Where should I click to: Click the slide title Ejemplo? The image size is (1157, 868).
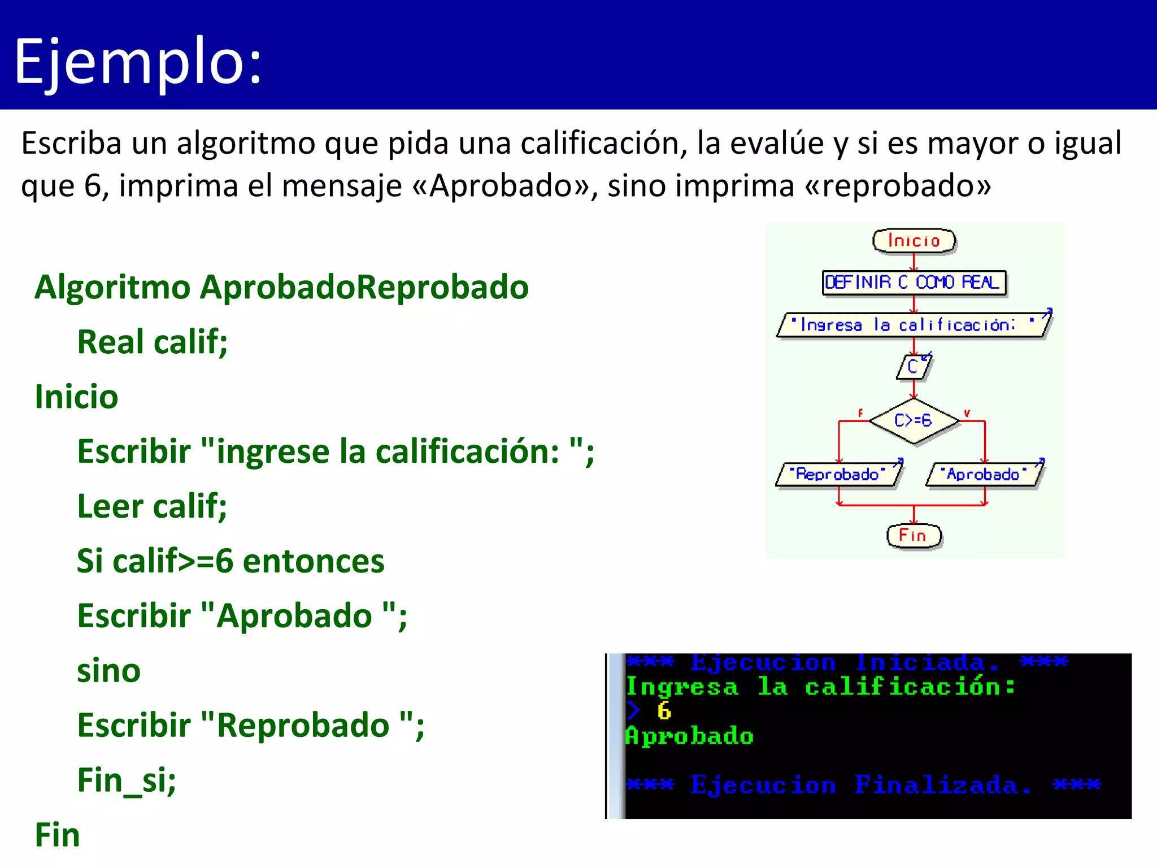[x=138, y=61]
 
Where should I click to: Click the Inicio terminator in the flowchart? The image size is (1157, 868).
[x=914, y=241]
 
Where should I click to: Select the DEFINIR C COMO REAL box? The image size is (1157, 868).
[x=913, y=282]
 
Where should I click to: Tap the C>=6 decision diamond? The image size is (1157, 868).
[x=913, y=420]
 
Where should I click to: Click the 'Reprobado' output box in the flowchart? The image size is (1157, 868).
[x=838, y=474]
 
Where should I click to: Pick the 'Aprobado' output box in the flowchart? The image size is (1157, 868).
[x=984, y=474]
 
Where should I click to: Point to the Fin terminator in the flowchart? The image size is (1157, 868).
[x=913, y=535]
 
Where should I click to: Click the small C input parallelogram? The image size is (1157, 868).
[x=912, y=367]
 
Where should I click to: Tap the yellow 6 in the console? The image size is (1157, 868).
[x=664, y=711]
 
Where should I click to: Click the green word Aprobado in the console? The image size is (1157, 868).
[x=689, y=736]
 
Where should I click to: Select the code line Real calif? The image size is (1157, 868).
[x=152, y=342]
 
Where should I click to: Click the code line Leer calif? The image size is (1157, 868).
[x=151, y=506]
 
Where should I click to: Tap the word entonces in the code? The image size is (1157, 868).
[x=314, y=561]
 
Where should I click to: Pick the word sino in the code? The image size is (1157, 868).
[x=108, y=671]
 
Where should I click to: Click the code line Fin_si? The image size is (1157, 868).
[x=127, y=780]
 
